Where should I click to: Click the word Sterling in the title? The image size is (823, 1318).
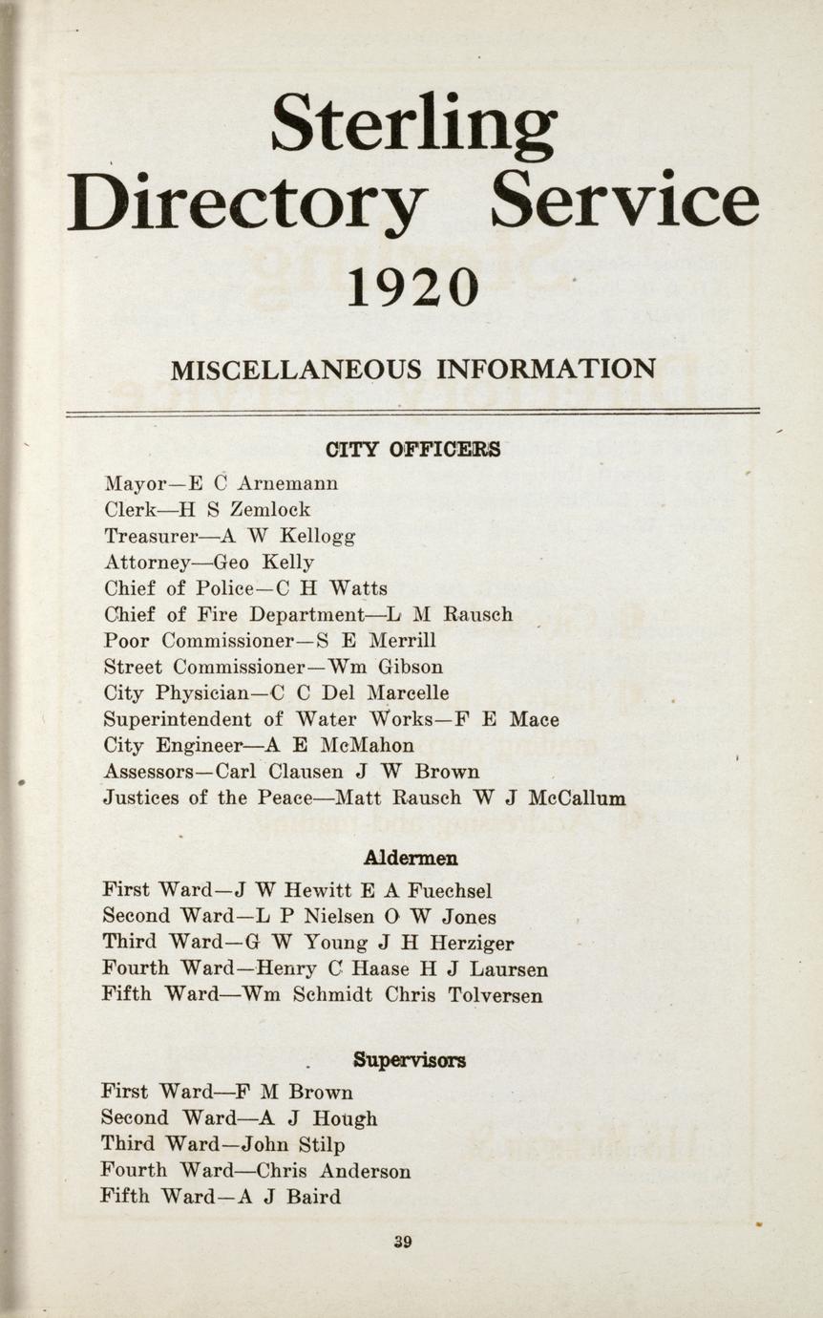coord(413,124)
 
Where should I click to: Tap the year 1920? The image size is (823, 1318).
coord(411,287)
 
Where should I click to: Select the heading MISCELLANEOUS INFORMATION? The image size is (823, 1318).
coord(412,369)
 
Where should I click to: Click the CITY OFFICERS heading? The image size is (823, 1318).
coord(412,449)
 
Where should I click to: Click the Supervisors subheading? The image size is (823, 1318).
coord(410,1059)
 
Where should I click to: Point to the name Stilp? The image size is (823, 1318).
coord(321,1144)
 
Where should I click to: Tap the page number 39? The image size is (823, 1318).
coord(402,1242)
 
